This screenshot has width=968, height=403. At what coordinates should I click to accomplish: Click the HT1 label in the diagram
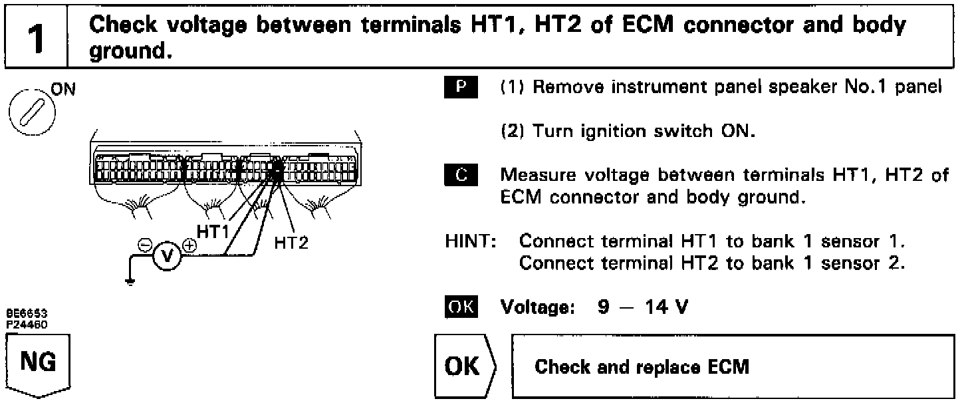(213, 229)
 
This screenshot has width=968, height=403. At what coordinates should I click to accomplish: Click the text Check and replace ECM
(642, 367)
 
